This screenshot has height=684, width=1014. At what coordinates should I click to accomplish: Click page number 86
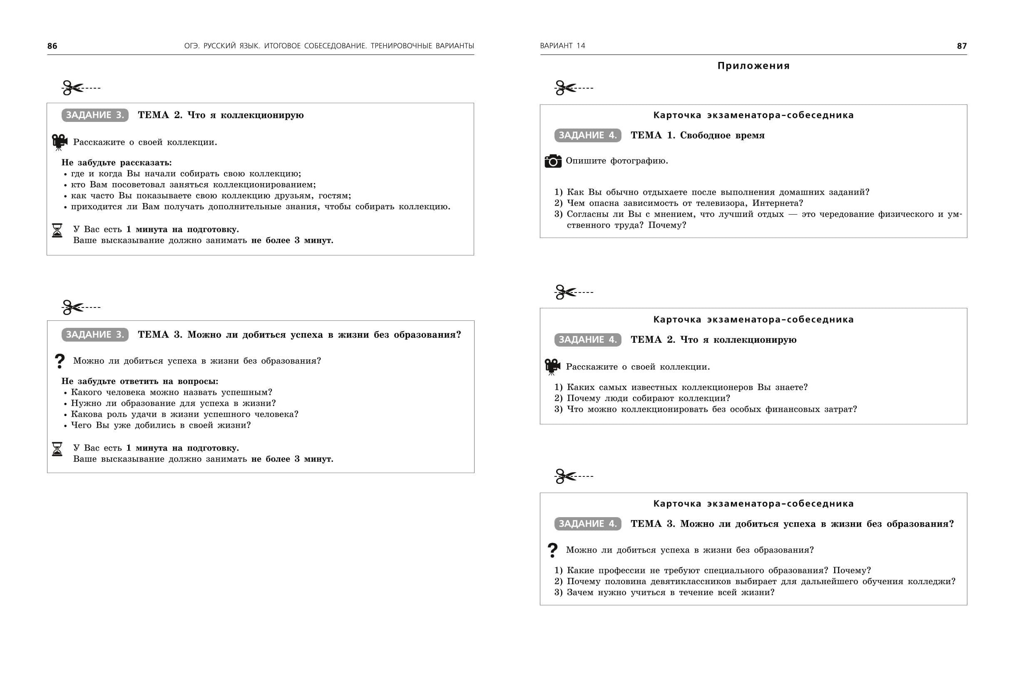(52, 46)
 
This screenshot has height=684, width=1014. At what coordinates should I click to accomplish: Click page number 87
(962, 46)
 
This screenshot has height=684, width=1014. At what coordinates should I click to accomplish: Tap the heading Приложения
(753, 66)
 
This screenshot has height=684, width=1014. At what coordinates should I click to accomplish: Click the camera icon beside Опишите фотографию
(553, 161)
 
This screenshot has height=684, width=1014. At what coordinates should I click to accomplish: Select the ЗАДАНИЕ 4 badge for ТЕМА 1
(588, 135)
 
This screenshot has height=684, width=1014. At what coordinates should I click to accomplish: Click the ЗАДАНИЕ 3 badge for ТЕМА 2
(95, 115)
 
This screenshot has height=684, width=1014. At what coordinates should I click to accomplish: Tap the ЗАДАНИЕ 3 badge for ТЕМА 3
(95, 335)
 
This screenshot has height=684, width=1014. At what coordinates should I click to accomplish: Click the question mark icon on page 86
(60, 361)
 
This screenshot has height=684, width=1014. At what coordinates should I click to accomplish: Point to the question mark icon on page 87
(552, 550)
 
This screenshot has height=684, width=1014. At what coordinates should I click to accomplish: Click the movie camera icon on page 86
(60, 142)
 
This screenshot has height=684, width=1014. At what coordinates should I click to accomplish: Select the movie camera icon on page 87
(552, 367)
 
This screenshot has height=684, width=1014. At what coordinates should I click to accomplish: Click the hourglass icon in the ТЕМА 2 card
(57, 230)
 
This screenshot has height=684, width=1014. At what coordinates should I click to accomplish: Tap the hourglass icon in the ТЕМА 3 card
(57, 449)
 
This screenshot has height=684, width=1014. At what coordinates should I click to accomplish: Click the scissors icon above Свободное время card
(565, 88)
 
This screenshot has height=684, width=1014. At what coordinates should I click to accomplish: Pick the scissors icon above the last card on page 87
(565, 476)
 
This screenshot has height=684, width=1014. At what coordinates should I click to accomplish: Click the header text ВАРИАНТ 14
(562, 46)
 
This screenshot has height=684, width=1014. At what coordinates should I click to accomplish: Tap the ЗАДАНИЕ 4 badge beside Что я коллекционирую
(588, 340)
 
